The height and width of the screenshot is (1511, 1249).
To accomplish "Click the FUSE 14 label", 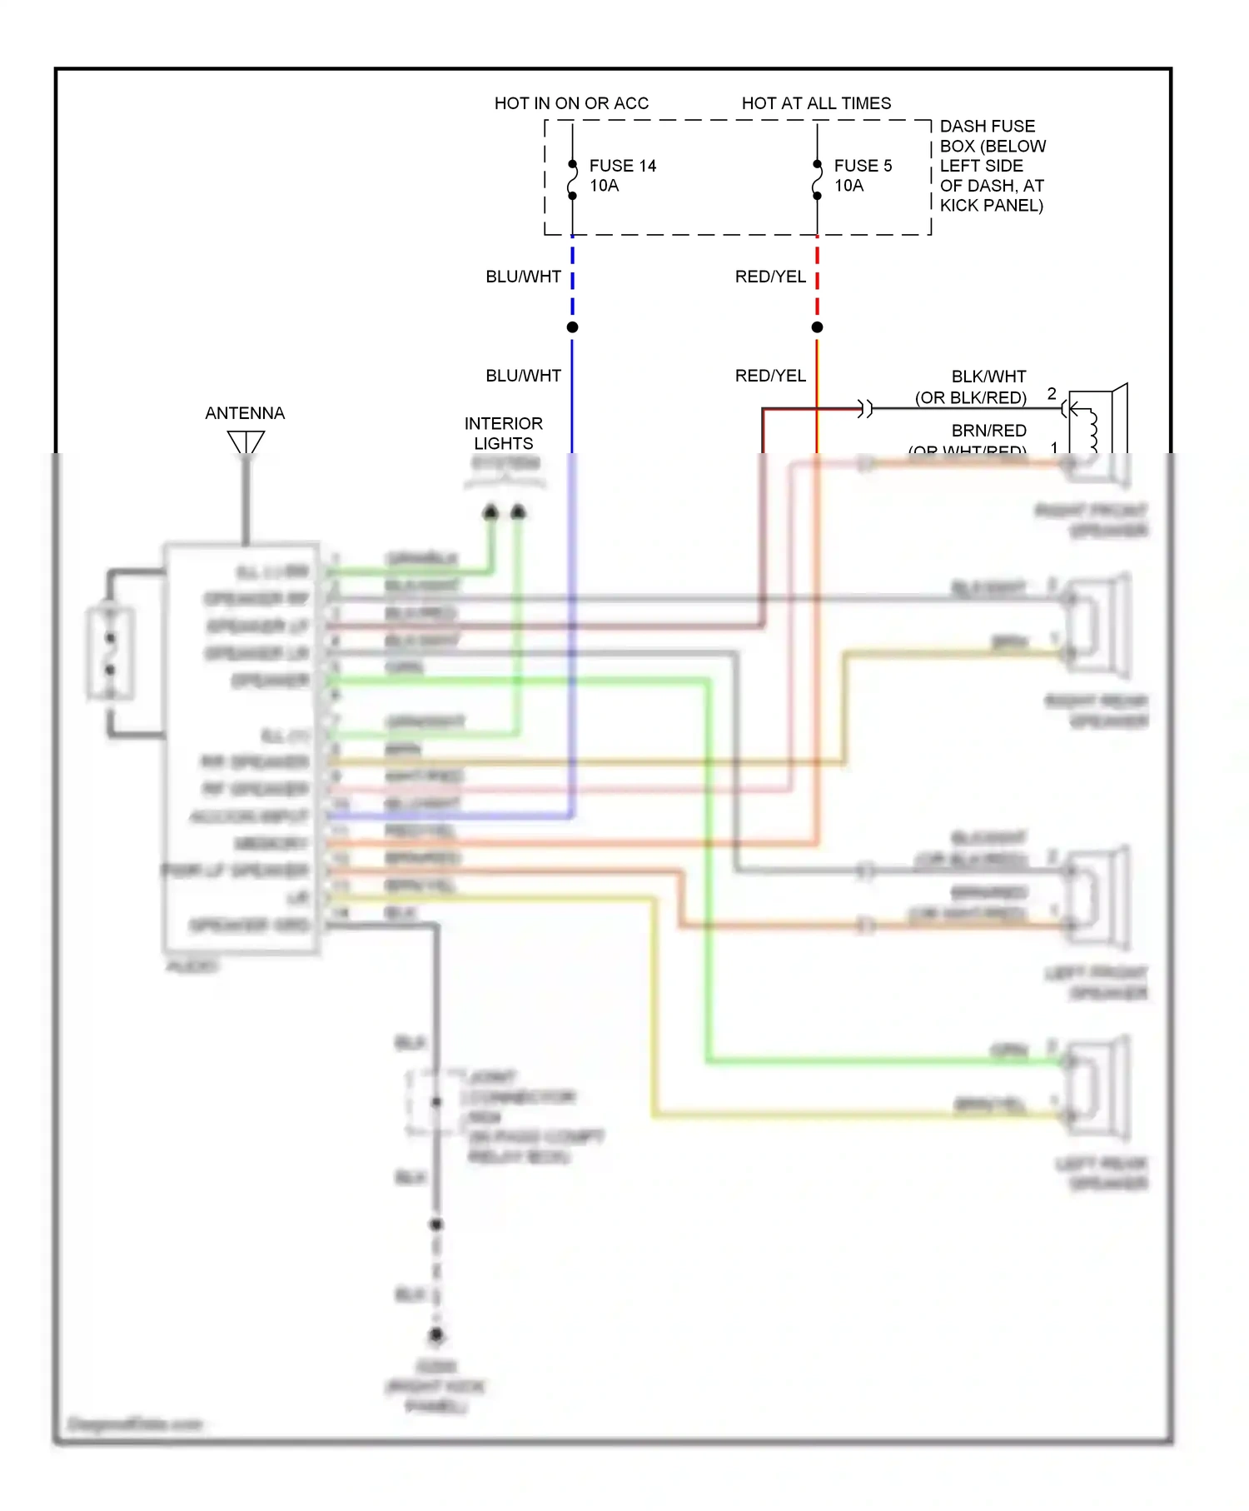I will [622, 167].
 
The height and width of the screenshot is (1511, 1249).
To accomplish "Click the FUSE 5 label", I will [863, 167].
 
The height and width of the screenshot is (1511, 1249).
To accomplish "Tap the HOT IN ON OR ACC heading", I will [571, 103].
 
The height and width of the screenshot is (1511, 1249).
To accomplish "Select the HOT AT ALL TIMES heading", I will [816, 103].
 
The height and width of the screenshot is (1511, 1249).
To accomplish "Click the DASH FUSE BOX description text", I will [992, 166].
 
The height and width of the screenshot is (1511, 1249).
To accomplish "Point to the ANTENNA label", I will [245, 413].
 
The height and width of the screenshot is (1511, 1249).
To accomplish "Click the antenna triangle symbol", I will [246, 442].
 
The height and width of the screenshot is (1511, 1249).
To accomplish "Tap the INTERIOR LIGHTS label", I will [503, 433].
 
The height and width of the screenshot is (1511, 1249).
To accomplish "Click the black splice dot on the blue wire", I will [572, 327].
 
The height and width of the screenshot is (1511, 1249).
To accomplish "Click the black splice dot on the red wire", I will [817, 327].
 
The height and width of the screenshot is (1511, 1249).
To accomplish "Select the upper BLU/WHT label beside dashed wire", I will [523, 277].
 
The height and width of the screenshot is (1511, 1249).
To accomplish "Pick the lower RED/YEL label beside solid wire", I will [770, 376].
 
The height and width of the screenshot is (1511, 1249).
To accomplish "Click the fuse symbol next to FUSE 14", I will [572, 180].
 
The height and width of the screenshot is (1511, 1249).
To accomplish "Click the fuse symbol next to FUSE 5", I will [817, 180].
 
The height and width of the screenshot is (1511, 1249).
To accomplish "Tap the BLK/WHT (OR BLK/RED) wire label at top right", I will [971, 387].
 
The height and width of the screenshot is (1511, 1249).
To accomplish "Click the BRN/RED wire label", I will [988, 431].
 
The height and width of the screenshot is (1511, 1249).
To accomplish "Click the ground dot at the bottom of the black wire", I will [436, 1334].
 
